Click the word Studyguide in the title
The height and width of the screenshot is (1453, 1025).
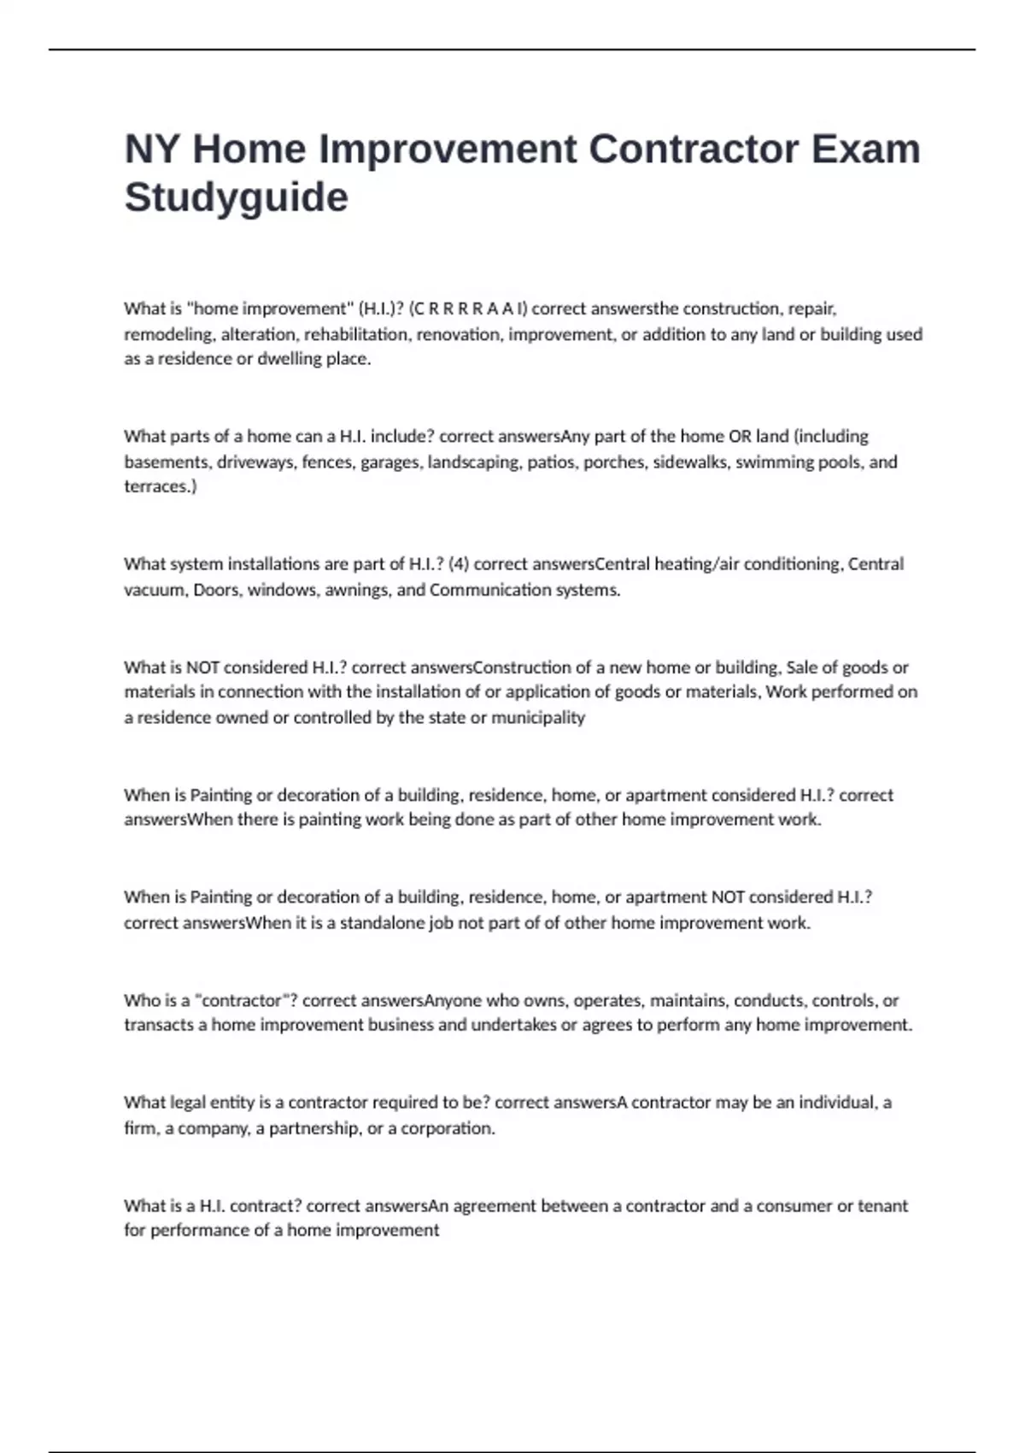237,197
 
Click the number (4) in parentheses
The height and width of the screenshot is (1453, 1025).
459,564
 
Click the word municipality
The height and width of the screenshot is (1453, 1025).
538,717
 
